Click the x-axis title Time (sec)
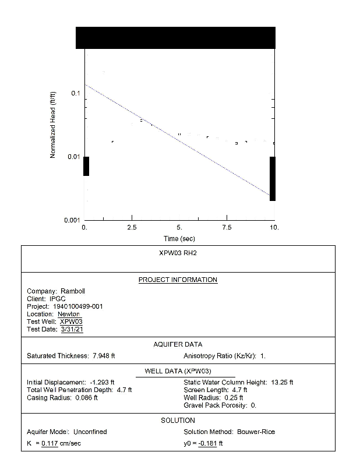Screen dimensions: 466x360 179,239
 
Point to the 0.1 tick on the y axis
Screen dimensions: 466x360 75,94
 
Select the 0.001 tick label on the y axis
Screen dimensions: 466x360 72,220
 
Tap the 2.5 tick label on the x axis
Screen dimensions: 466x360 132,228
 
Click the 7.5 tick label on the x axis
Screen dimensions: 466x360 226,228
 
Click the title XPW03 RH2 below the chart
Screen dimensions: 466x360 178,255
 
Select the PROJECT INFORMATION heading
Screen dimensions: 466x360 178,280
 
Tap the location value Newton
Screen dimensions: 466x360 69,314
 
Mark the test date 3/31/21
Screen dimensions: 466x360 72,329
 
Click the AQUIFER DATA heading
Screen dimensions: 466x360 178,345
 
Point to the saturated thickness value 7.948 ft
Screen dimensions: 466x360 104,355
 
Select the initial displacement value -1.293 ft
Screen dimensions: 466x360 103,382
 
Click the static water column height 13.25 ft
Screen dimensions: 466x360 283,382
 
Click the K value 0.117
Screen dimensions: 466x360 50,444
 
